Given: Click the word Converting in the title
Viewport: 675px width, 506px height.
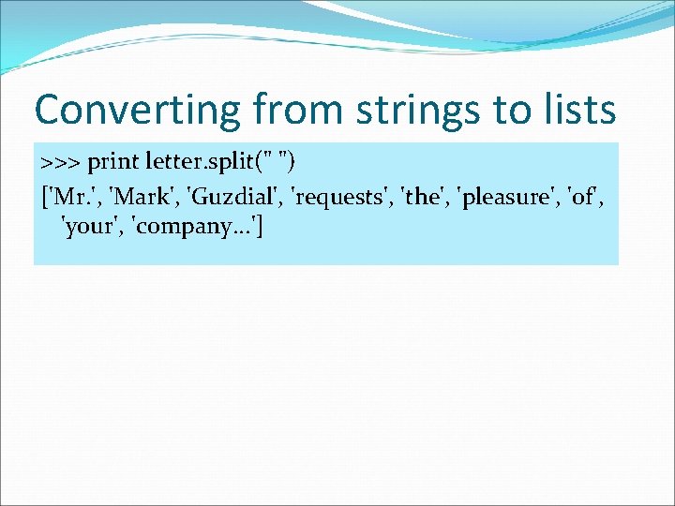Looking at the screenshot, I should [x=138, y=111].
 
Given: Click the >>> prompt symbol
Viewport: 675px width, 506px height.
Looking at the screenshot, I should [x=61, y=163].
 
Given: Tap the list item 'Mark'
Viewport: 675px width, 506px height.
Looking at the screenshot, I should [x=144, y=197].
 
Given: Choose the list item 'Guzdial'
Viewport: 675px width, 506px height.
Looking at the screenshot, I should [x=234, y=197].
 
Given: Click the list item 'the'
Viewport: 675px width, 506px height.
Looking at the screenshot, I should [x=426, y=197].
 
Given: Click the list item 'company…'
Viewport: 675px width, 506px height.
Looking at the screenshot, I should [x=195, y=229].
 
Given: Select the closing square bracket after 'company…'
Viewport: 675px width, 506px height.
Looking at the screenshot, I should [x=259, y=229].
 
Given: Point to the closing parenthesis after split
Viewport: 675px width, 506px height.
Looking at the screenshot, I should [x=294, y=163].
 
